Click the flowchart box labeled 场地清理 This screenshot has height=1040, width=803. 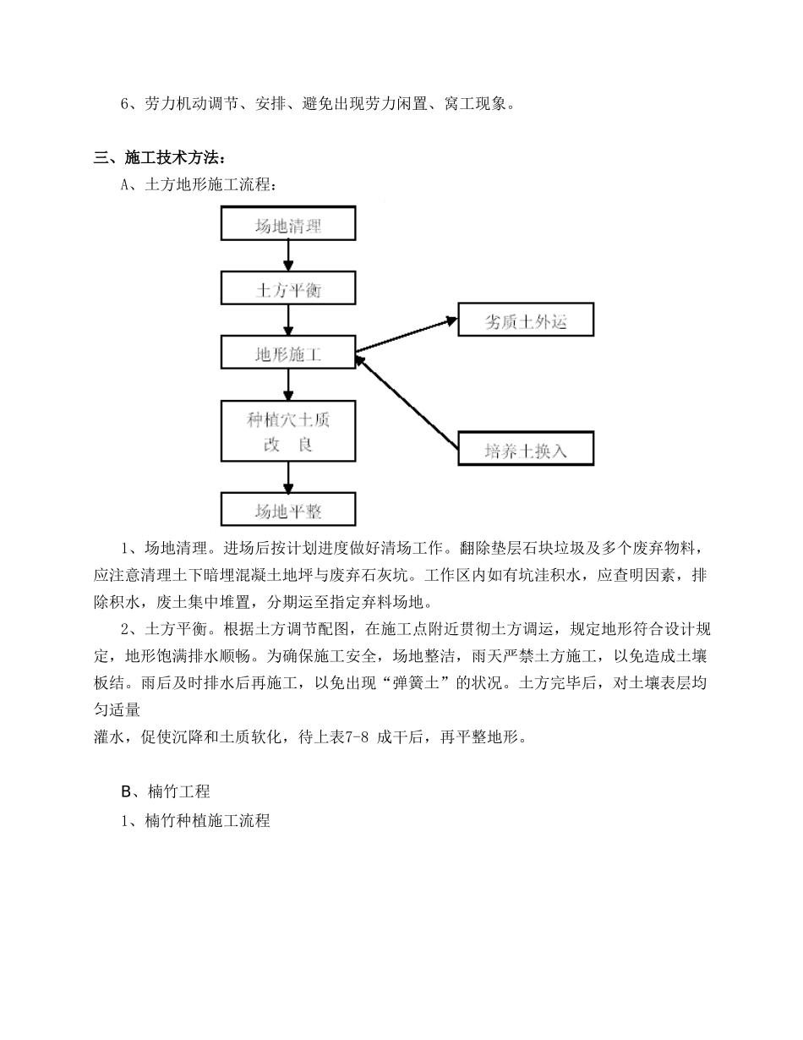(288, 224)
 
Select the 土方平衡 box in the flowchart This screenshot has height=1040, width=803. (288, 288)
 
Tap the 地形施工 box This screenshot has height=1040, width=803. (288, 353)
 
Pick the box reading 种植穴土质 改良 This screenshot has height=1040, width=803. (288, 431)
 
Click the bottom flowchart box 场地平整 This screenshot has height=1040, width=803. (288, 511)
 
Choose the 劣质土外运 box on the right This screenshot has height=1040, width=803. (525, 320)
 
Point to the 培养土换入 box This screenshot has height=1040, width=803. (525, 449)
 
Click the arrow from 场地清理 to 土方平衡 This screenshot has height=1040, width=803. (288, 256)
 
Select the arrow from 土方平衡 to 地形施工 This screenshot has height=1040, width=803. (288, 320)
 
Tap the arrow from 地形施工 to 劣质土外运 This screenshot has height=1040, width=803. (407, 335)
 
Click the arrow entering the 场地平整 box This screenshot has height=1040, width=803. (288, 479)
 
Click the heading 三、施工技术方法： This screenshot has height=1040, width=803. (159, 157)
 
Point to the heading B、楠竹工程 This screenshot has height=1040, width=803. (166, 792)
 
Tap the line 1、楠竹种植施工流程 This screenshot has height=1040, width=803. (195, 820)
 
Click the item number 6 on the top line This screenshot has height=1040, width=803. (125, 104)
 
